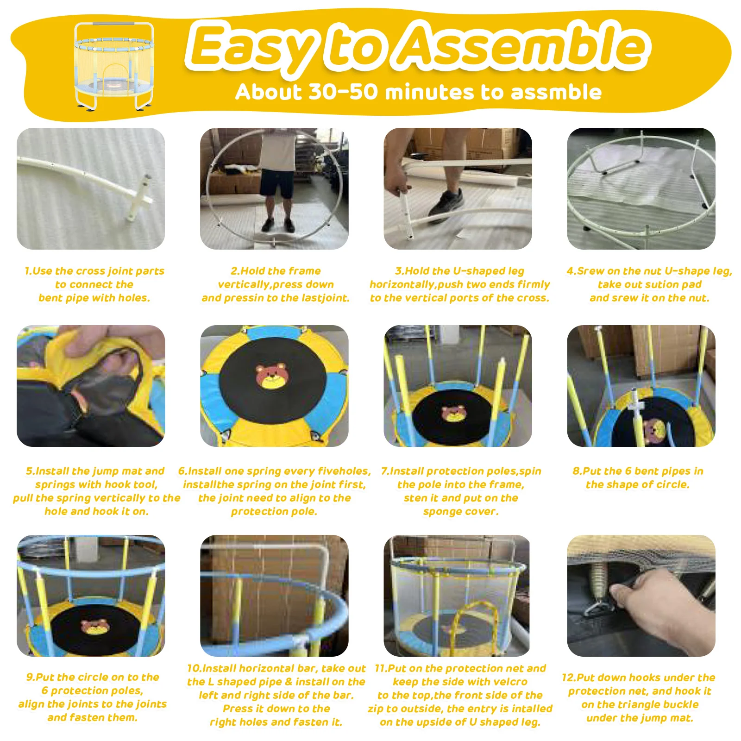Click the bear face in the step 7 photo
click(453, 413)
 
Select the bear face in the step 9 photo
click(95, 627)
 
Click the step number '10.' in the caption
click(194, 668)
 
